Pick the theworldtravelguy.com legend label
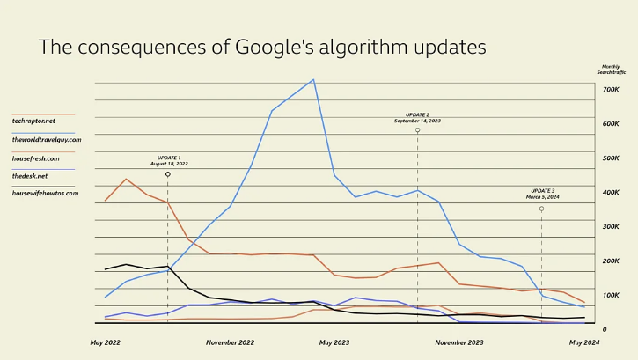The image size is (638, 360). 47,139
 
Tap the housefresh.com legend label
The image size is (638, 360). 36,158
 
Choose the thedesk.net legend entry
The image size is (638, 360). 31,175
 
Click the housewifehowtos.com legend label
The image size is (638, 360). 45,193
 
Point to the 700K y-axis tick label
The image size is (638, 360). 612,90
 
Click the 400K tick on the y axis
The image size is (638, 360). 612,193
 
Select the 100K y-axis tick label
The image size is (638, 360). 612,295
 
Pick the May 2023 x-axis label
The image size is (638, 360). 334,342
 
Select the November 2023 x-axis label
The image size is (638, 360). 458,342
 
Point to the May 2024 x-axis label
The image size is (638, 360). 584,342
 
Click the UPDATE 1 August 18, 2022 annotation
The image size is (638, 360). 168,160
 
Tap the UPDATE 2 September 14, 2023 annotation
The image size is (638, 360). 417,117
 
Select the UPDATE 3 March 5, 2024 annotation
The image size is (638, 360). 542,194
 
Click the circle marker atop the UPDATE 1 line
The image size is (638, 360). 168,174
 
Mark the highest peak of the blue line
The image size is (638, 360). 314,79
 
